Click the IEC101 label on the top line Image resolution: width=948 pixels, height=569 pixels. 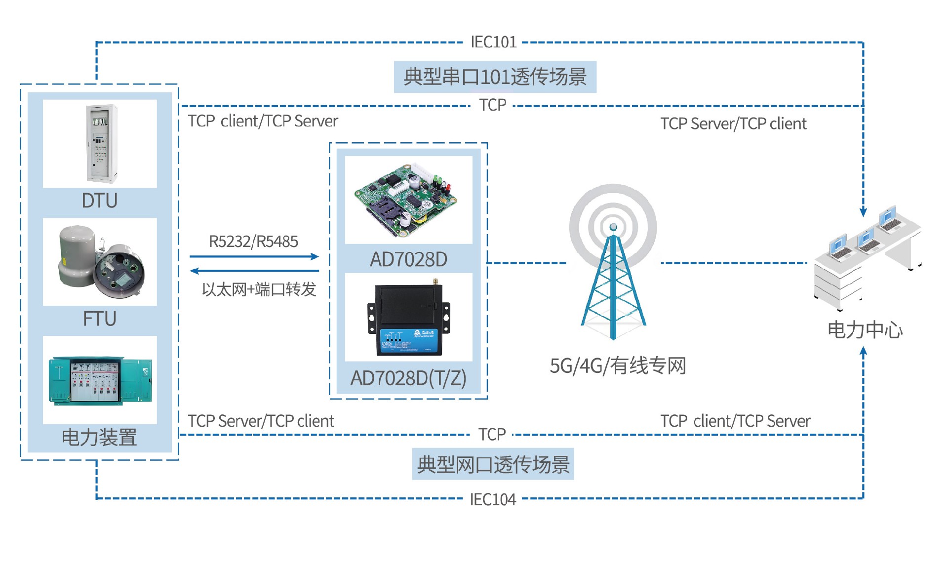493,42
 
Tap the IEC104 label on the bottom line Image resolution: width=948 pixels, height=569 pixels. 493,499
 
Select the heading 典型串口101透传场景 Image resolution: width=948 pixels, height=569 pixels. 495,77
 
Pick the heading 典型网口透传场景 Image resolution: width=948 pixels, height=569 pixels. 493,465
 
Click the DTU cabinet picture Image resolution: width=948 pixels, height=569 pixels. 101,143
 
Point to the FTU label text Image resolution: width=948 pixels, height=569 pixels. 100,319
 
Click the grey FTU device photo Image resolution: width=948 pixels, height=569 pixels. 100,262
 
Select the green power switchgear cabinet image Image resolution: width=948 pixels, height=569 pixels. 100,380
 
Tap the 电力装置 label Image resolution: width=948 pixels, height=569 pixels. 99,438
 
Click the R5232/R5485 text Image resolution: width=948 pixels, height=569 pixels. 253,242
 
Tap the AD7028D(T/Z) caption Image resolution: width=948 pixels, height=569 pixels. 408,378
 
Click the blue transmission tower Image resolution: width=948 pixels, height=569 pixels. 613,282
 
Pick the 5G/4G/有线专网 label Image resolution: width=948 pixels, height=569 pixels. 618,366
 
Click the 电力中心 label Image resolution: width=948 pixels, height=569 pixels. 865,330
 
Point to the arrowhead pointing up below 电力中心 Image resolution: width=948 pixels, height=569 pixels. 863,351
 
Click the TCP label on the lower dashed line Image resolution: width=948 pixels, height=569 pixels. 492,435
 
